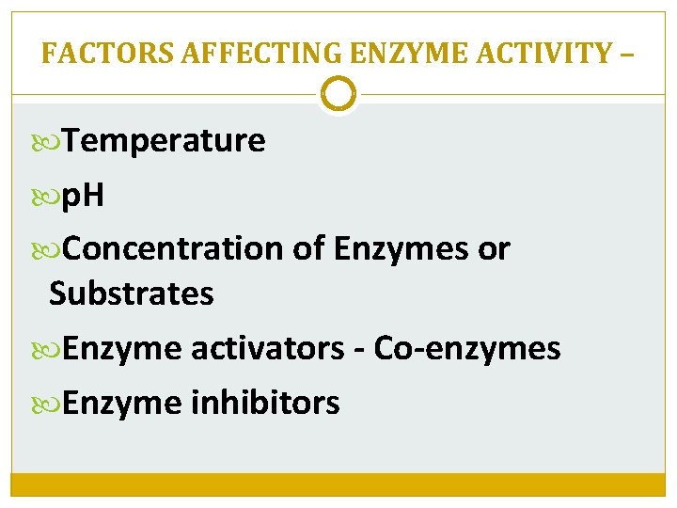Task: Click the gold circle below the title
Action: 338,94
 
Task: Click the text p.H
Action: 84,196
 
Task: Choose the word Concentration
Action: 174,249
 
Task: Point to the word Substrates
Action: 132,294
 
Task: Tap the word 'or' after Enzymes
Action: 494,249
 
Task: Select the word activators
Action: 268,349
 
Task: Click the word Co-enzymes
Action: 467,349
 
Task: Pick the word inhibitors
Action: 265,404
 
